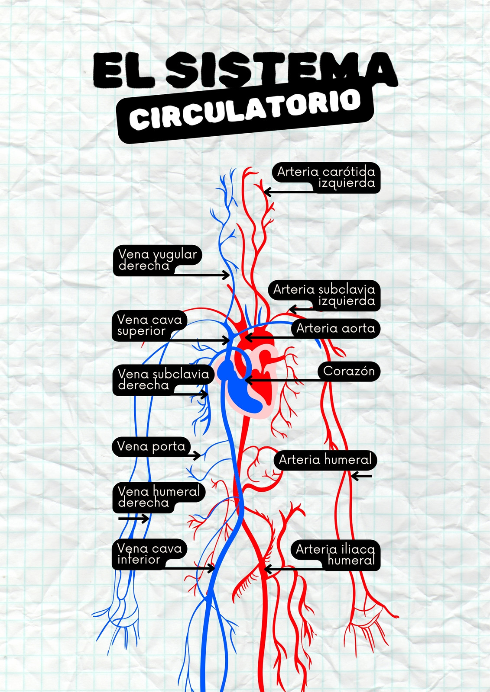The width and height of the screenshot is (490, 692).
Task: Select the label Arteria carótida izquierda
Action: pos(326,177)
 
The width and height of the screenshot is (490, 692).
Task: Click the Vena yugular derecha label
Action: pos(158,260)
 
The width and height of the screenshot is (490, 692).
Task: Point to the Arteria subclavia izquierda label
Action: pos(324,295)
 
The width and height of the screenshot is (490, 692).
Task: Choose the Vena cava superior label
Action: pos(149,325)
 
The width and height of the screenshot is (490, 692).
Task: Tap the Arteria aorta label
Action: pos(335,328)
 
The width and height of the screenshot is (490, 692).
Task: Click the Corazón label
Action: pos(349,371)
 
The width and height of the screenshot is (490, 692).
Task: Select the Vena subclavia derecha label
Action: pos(163,380)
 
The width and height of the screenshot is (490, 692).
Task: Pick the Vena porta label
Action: pos(151,446)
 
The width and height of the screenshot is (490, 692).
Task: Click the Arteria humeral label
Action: pos(325,460)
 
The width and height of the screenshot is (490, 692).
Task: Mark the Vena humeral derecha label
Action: pos(159,497)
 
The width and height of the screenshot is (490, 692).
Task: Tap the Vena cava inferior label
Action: pos(149,554)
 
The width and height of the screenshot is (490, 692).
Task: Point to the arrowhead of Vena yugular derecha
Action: pos(226,275)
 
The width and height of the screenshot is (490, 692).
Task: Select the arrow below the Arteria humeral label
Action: pos(361,476)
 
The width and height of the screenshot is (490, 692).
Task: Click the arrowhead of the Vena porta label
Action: pos(197,455)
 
